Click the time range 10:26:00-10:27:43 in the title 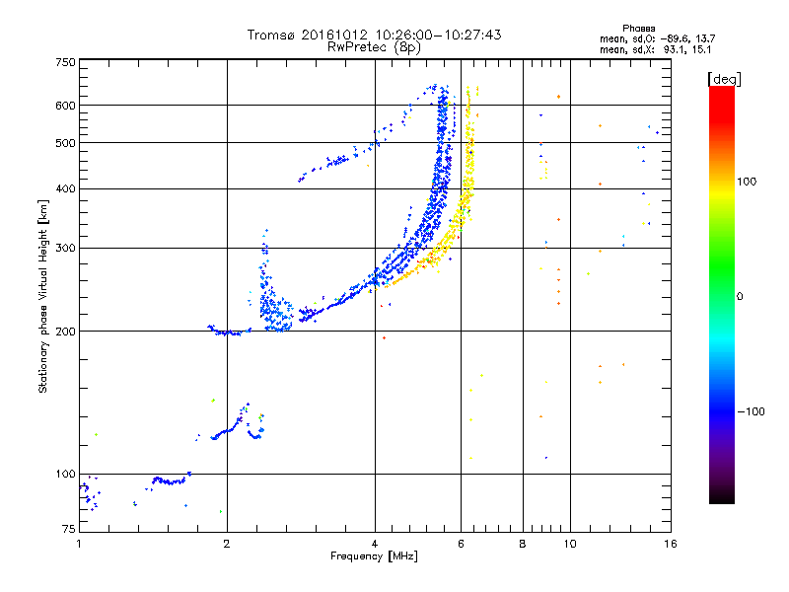tap(438, 35)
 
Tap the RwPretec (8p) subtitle tap(374, 47)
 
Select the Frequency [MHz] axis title tap(374, 556)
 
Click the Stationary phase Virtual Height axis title tap(42, 296)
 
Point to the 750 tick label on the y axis tap(65, 62)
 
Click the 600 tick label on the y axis tap(65, 106)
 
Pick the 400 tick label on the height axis tap(65, 188)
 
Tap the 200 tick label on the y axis tap(65, 332)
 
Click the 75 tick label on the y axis tap(69, 529)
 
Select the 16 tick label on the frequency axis tap(671, 544)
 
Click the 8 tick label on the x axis tap(523, 544)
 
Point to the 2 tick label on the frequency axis tap(227, 544)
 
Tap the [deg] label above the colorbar tap(724, 79)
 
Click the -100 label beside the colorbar tap(751, 411)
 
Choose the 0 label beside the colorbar tap(740, 297)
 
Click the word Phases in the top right tap(638, 29)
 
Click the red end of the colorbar tap(722, 91)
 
